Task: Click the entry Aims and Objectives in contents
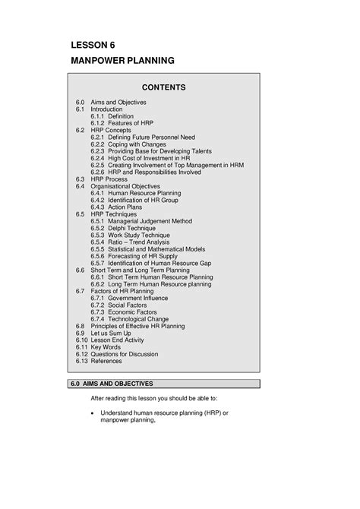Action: coord(119,102)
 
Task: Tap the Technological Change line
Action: coord(142,319)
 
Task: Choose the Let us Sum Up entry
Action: coord(112,333)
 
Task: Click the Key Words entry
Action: coord(106,347)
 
